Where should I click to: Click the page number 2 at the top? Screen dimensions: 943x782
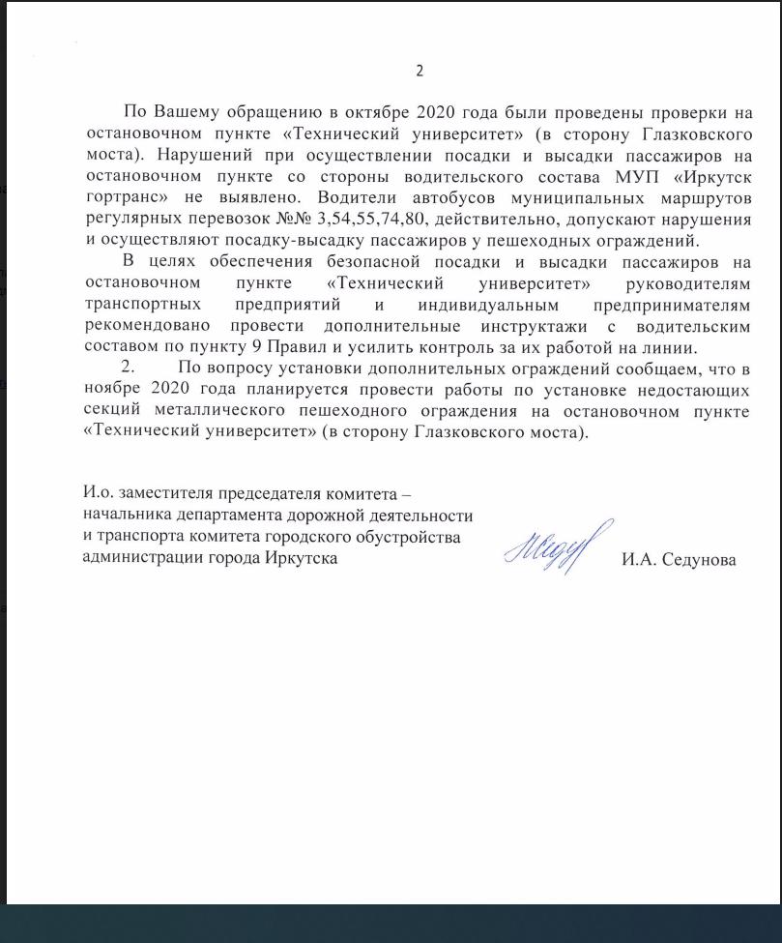point(420,71)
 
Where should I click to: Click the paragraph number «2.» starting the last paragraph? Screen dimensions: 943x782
point(126,368)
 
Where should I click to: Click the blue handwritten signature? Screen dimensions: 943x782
point(558,546)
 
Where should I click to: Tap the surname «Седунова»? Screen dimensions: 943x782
point(699,560)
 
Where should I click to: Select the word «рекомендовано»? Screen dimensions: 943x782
point(145,326)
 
